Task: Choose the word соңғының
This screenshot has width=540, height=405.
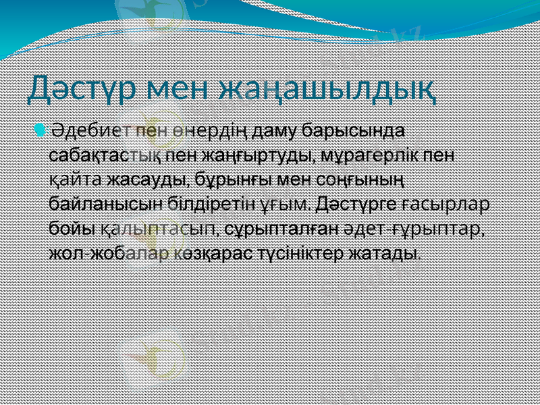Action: (x=355, y=179)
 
